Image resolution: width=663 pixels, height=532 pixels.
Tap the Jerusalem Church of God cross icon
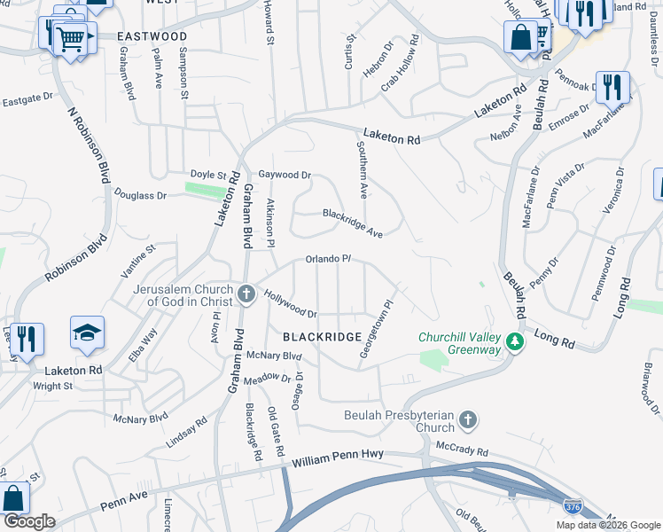(x=247, y=293)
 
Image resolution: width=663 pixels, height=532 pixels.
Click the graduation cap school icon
(x=87, y=333)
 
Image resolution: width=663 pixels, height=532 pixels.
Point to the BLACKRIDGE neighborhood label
(x=322, y=338)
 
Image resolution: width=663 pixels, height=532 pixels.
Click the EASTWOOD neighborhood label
(x=152, y=36)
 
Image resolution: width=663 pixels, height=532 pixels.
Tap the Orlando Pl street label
(x=329, y=259)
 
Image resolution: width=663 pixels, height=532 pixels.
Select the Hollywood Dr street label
(x=291, y=306)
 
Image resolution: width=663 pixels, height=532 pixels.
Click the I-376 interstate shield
(x=572, y=506)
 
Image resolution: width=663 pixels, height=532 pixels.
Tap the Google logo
(x=29, y=521)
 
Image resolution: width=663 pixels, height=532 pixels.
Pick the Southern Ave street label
(x=362, y=168)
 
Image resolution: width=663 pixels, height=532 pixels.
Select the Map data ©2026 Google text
(x=607, y=525)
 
